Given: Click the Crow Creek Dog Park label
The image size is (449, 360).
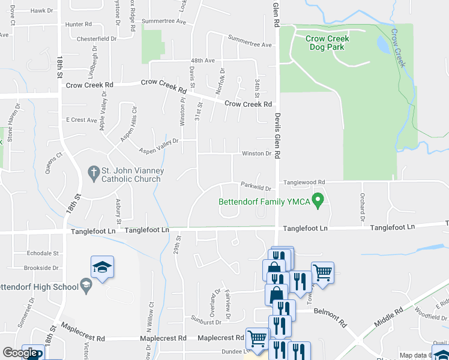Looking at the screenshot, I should [327, 43].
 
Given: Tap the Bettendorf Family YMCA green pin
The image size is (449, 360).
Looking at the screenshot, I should [320, 200].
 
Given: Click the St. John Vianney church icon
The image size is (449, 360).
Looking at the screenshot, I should [93, 173].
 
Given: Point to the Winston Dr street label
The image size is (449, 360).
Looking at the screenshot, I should [256, 154].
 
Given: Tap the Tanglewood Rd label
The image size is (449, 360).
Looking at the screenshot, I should [304, 182].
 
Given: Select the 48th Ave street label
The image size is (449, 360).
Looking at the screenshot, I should [202, 61].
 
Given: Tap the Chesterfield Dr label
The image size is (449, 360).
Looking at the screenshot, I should [97, 38].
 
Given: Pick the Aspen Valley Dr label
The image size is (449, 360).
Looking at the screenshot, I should [159, 146].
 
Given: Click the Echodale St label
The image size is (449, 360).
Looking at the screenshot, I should [43, 254].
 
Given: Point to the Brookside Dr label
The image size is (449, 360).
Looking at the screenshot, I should [42, 268].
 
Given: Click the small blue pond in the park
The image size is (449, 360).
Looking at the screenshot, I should [382, 43].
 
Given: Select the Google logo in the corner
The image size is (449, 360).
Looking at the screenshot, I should [20, 353].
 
